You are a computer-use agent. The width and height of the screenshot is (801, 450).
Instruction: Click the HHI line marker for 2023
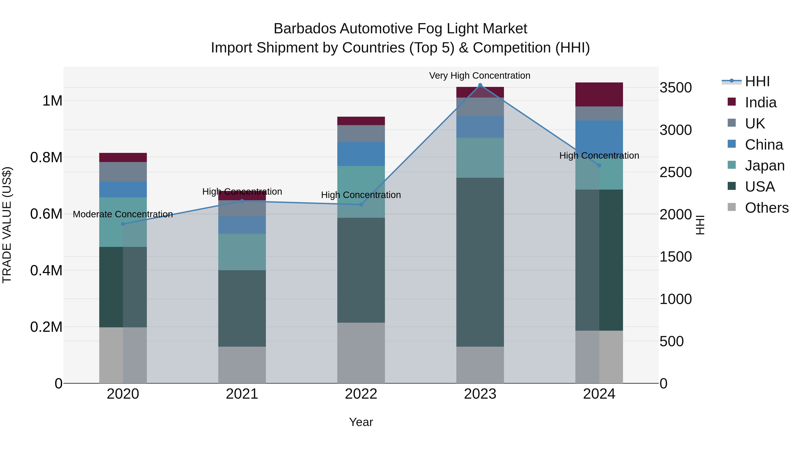pos(480,85)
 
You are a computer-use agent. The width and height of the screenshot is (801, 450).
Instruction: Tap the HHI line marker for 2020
pos(123,224)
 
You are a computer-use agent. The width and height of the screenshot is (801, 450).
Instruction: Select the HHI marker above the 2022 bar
pos(361,204)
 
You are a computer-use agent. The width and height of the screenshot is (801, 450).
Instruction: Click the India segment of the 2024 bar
pos(599,94)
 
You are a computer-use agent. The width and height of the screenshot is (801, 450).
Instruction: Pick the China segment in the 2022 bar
pos(361,154)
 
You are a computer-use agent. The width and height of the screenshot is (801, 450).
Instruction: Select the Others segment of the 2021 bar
pos(242,365)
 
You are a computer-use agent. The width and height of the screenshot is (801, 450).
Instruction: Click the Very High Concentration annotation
pos(479,76)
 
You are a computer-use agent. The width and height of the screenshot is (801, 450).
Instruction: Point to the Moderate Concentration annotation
pos(123,214)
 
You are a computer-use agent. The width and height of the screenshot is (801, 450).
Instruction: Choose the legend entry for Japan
pos(764,166)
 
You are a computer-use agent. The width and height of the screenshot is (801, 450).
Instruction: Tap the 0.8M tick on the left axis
pos(46,158)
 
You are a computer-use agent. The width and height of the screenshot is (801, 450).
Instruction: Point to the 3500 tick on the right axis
pos(675,88)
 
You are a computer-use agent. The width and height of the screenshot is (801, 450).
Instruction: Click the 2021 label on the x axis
pos(242,394)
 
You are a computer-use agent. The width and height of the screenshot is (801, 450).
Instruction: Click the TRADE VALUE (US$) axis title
pos(7,225)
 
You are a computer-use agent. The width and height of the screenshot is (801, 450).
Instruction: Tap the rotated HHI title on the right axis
pos(700,225)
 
